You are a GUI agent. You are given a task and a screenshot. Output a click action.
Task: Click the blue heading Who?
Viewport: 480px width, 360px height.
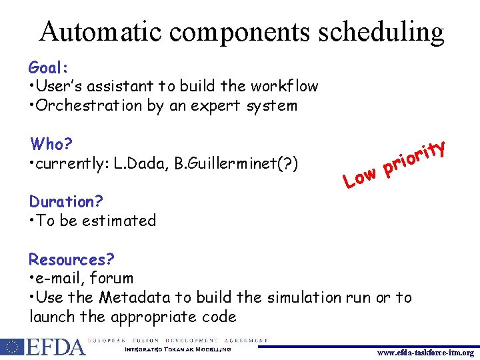[51, 144]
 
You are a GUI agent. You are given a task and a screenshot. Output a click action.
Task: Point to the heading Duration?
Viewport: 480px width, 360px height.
[61, 201]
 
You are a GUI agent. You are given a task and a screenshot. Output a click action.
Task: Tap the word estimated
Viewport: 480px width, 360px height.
[119, 221]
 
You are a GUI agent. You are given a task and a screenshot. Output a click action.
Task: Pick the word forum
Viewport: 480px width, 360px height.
[111, 278]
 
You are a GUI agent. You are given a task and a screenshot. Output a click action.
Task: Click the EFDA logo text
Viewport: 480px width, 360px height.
[55, 347]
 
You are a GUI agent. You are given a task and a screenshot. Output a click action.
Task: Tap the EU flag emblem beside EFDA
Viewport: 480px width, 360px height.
[12, 347]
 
